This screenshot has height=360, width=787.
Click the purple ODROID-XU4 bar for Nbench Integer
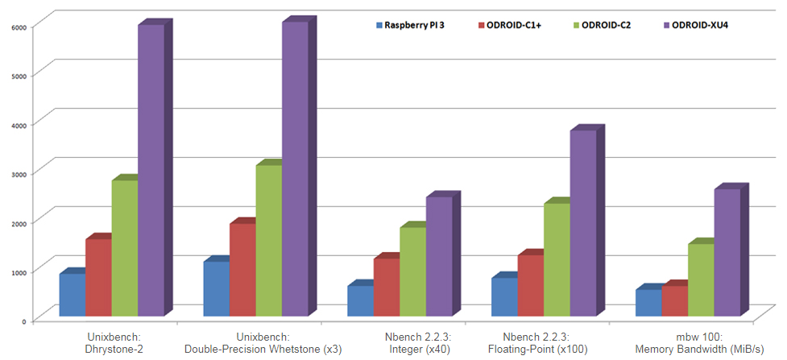tap(439, 254)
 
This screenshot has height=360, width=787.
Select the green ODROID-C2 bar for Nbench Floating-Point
tap(557, 259)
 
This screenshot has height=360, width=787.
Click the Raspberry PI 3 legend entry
tap(409, 26)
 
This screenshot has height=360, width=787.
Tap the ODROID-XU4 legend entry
tap(693, 26)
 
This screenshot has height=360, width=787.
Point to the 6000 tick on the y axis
tap(19, 26)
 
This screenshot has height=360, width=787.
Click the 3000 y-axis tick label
tap(19, 173)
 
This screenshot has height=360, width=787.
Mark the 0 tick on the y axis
tap(24, 321)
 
